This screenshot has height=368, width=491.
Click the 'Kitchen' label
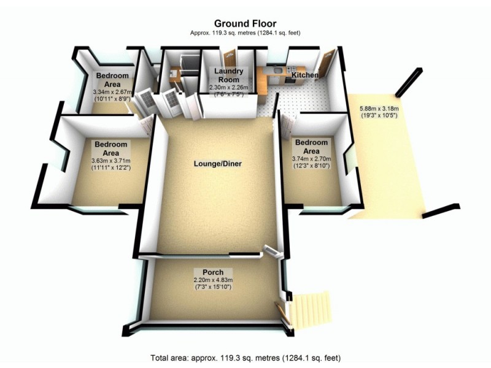point(304,75)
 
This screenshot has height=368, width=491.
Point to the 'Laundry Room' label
point(229,75)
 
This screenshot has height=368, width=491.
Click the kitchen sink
point(278,71)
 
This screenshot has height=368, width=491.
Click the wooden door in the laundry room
point(230,59)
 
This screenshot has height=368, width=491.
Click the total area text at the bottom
point(245,357)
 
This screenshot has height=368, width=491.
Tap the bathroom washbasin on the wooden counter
point(172,72)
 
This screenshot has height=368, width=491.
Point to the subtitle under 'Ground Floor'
point(245,33)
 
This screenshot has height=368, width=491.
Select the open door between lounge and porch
point(271,251)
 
